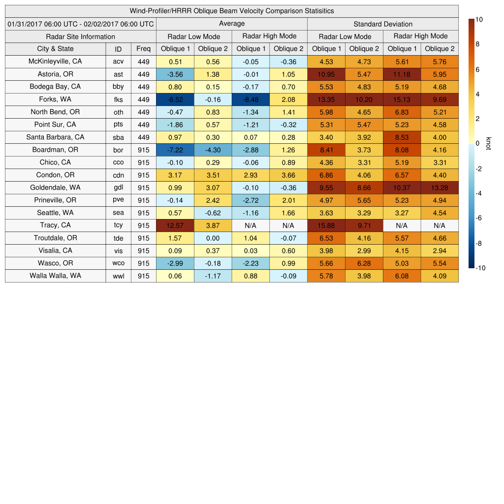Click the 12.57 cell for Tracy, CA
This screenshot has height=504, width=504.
pyautogui.click(x=175, y=225)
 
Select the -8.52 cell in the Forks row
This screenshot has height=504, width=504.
pyautogui.click(x=175, y=99)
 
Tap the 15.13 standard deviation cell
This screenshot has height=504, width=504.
pyautogui.click(x=402, y=99)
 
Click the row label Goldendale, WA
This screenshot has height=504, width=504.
pyautogui.click(x=55, y=188)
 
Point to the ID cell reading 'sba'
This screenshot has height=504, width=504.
pyautogui.click(x=118, y=137)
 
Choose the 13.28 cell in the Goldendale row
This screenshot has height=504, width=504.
pyautogui.click(x=440, y=188)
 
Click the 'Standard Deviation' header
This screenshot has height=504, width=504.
pyautogui.click(x=382, y=24)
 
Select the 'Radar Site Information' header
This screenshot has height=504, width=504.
pyautogui.click(x=80, y=36)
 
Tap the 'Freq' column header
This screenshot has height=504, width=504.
pyautogui.click(x=143, y=49)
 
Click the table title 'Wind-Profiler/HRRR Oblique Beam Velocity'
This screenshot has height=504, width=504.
pyautogui.click(x=231, y=11)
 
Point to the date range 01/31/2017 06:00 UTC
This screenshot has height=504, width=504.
pyautogui.click(x=80, y=24)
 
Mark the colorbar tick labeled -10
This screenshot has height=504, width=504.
pyautogui.click(x=480, y=268)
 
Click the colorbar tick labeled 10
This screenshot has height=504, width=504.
pyautogui.click(x=479, y=20)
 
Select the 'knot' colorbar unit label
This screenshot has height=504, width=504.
pyautogui.click(x=488, y=143)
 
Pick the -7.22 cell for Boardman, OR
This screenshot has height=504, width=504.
pyautogui.click(x=175, y=150)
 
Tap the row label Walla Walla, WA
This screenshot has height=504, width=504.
pyautogui.click(x=55, y=276)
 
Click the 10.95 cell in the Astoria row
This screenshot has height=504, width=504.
pyautogui.click(x=326, y=74)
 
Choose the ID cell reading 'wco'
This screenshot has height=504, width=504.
pyautogui.click(x=118, y=263)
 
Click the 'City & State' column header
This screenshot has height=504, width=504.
pyautogui.click(x=55, y=49)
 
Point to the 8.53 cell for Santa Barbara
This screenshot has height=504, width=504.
pyautogui.click(x=402, y=137)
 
